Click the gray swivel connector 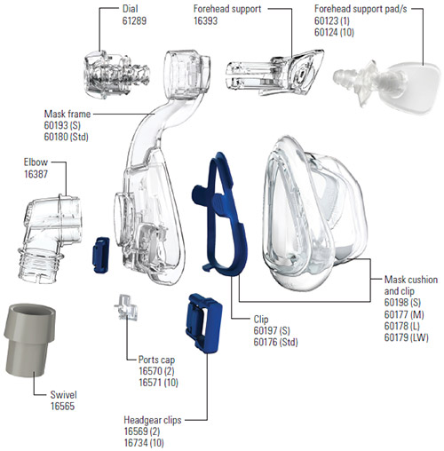pos(29,340)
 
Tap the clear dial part pos(115,75)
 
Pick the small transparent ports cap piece pos(127,307)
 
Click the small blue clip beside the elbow pos(101,255)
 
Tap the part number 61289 pos(134,20)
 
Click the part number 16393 pos(206,20)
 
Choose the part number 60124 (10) pos(334,32)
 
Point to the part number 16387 pos(36,174)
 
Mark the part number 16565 pos(62,406)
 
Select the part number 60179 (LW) pos(406,337)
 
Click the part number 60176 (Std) pos(275,342)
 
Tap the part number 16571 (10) pos(159,383)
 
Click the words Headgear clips pos(153,420)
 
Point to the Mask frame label pos(67,114)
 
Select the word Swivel pos(64,394)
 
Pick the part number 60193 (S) pos(62,125)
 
